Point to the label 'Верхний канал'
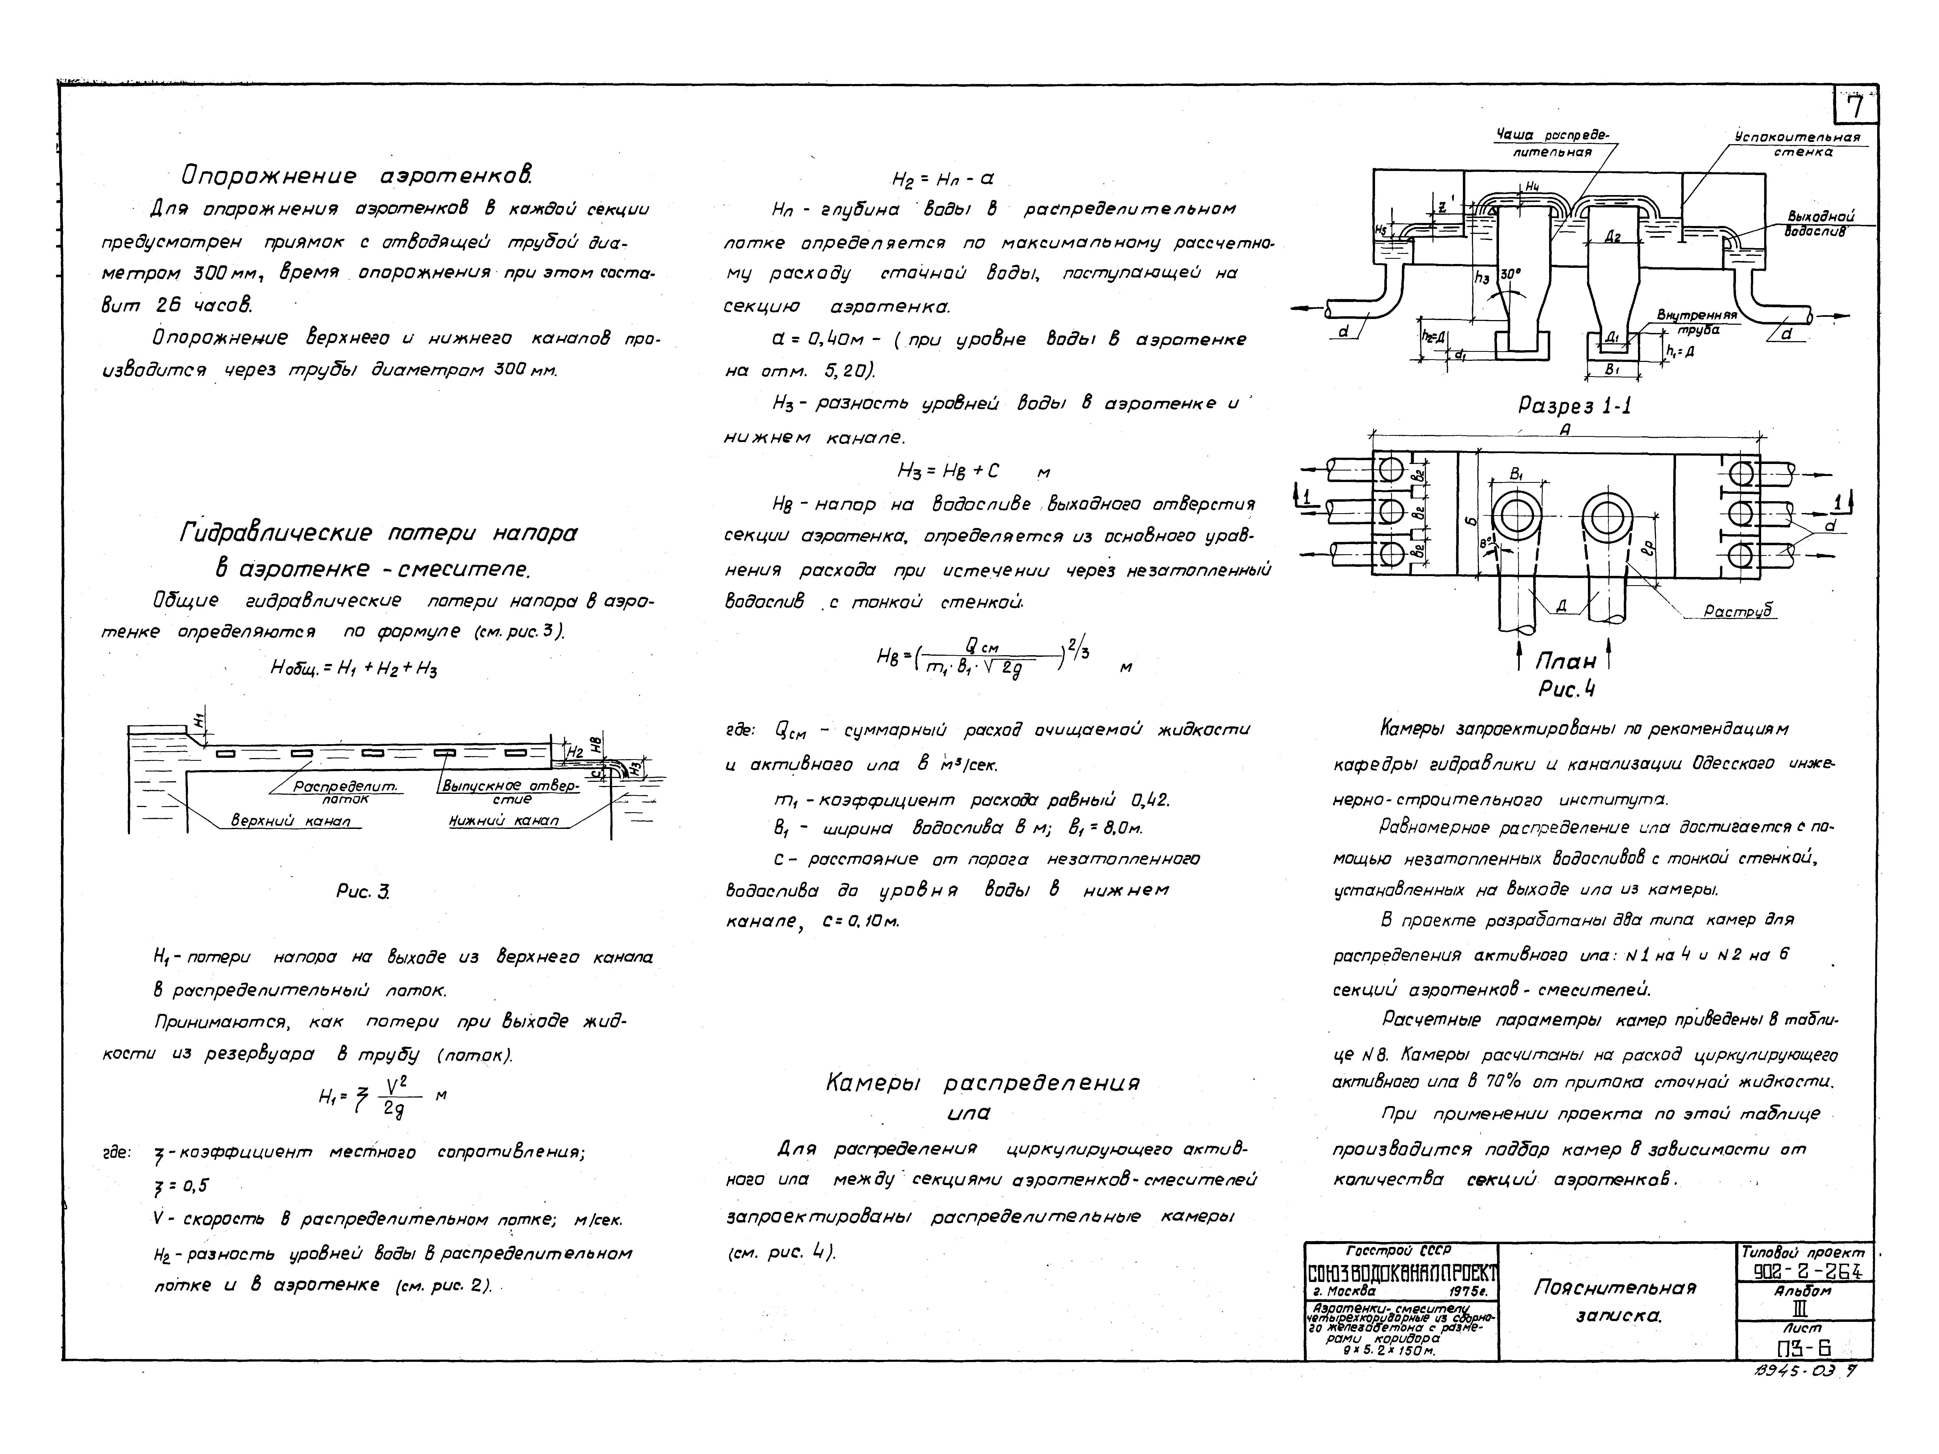[290, 820]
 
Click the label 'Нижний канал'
[503, 820]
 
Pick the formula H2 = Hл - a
[942, 179]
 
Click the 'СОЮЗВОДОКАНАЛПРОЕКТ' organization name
[1401, 1273]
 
